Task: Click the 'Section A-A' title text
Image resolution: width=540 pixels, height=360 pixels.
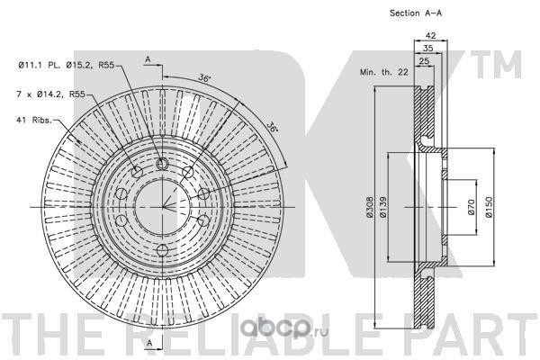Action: (416, 13)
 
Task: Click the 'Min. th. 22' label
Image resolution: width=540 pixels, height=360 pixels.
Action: (382, 70)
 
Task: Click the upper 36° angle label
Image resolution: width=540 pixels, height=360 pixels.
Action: (206, 79)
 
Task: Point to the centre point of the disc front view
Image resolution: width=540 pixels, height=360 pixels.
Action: (162, 207)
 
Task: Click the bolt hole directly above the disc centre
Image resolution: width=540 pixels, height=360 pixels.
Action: (162, 163)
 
